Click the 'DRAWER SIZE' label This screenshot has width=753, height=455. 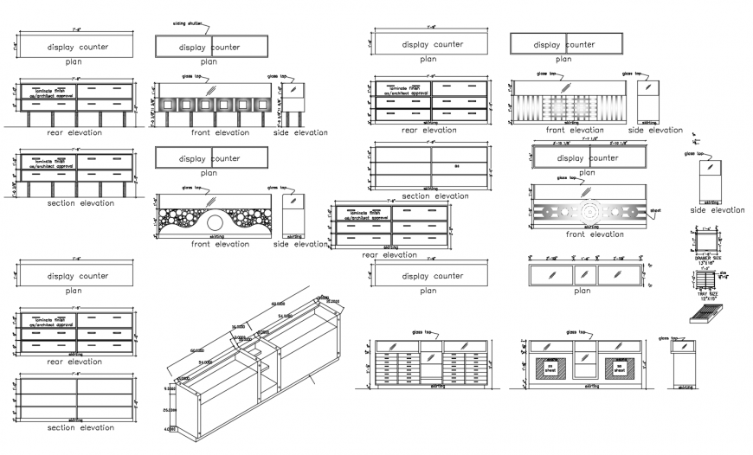click(708, 258)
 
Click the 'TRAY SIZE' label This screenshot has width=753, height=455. click(708, 295)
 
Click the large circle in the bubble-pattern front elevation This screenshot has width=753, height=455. click(215, 223)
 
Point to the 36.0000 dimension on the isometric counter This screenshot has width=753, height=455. click(238, 327)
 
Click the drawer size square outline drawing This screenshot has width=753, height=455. click(707, 241)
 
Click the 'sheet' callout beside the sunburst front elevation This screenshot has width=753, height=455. click(655, 209)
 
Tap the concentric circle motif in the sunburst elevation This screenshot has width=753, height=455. click(589, 210)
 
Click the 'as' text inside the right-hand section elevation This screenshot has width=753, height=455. click(458, 167)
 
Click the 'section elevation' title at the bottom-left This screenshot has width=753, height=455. click(80, 427)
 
